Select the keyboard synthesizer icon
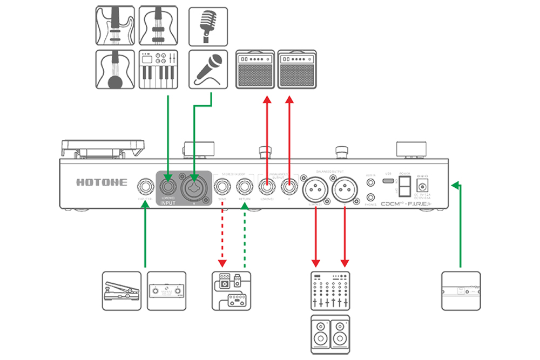click(158, 69)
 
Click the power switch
click(405, 187)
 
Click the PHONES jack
click(371, 198)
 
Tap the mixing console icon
click(330, 290)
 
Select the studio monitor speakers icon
click(330, 334)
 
